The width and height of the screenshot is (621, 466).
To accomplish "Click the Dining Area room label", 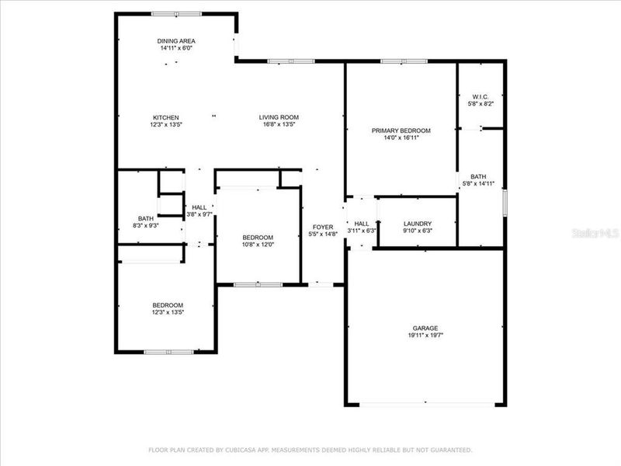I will click(177, 40).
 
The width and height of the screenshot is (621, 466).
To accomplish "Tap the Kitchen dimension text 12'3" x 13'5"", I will click(165, 125).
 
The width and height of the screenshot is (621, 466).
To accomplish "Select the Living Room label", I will click(279, 117).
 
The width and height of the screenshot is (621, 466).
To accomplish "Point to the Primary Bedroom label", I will click(401, 130).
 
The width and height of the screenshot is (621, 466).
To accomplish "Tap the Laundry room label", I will click(417, 224).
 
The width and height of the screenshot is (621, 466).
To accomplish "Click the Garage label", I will click(425, 328).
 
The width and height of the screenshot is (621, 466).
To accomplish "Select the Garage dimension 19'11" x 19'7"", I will click(425, 336).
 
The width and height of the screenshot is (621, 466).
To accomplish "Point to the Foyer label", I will click(323, 227).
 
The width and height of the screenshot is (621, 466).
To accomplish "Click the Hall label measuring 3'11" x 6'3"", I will click(361, 224).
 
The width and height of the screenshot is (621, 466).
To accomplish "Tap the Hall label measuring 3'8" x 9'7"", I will click(199, 207).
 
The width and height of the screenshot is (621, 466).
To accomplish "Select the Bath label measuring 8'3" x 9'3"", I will click(146, 218).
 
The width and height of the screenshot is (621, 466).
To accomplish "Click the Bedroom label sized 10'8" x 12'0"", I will click(258, 237).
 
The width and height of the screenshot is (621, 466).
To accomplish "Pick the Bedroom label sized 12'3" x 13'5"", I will click(168, 304).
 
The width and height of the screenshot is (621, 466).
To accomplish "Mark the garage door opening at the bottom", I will click(425, 405).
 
